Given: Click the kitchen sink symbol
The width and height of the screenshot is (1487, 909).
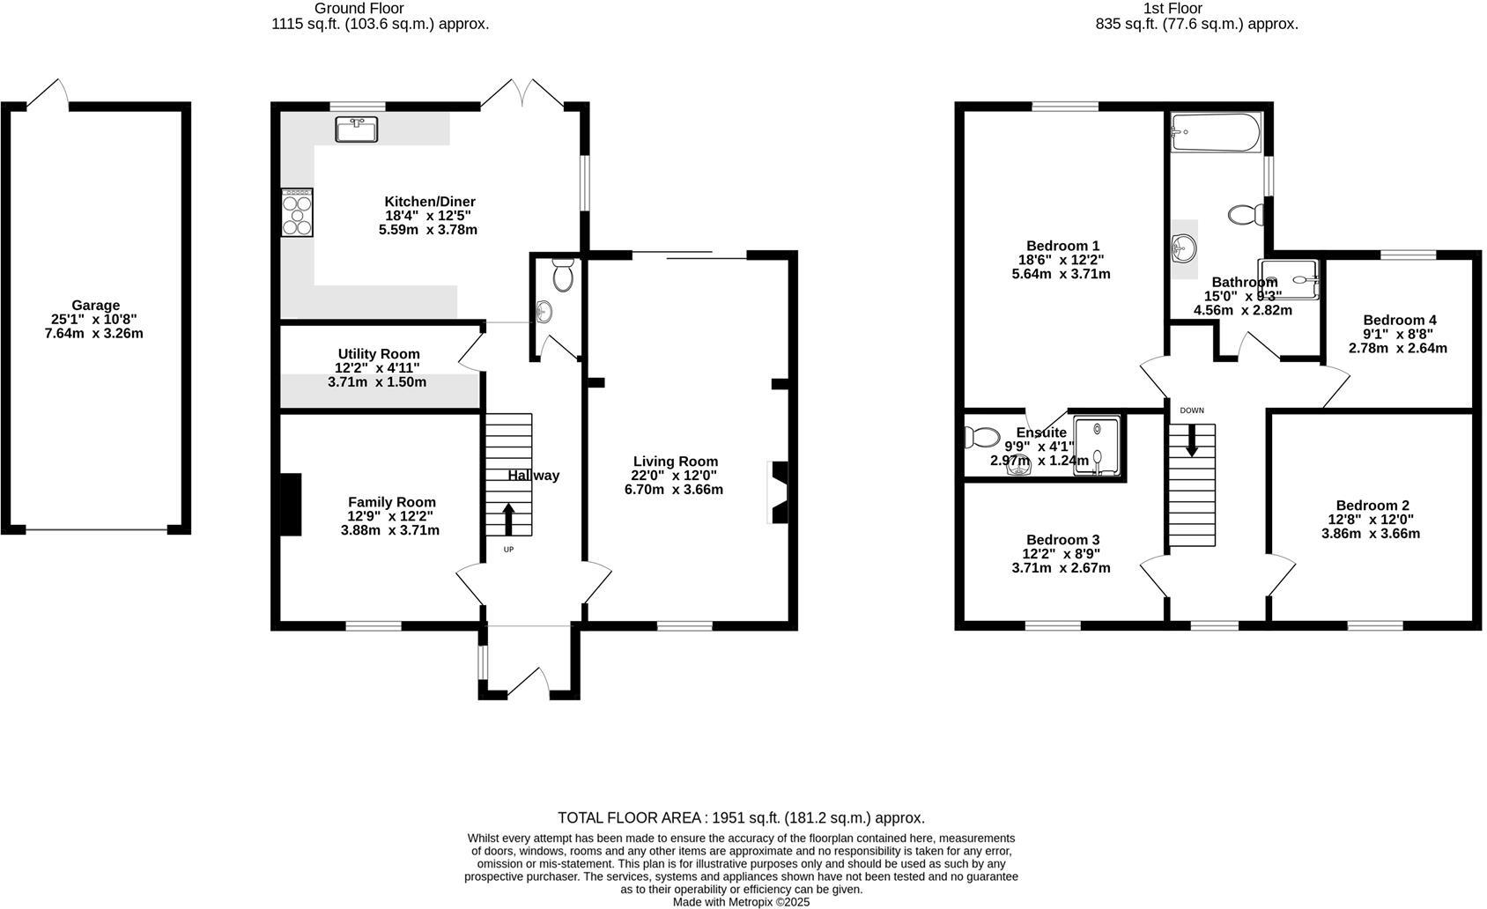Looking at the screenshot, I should (x=357, y=129).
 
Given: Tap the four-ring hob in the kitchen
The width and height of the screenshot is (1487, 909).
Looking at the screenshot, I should (x=297, y=212).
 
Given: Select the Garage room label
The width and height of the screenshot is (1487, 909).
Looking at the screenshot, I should (x=96, y=306).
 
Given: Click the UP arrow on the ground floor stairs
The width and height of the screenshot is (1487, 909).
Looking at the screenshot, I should (x=508, y=519).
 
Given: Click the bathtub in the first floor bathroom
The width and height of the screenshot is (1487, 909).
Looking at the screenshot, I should (x=1216, y=133).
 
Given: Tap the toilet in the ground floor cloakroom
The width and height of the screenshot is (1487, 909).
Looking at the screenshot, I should (x=563, y=276).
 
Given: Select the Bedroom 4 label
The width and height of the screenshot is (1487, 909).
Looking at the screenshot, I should (x=1399, y=320).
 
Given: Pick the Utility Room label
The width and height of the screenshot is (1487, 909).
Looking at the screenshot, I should (x=379, y=354).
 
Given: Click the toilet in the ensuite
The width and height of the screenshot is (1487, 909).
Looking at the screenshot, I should (x=980, y=437).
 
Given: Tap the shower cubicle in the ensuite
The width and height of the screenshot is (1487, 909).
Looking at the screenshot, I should (x=1097, y=446).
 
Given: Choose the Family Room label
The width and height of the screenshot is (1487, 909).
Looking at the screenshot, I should (x=391, y=502).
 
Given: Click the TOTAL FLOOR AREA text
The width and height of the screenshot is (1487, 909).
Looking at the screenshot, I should (x=741, y=818).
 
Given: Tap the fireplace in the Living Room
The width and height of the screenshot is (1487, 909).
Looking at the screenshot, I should (x=780, y=493).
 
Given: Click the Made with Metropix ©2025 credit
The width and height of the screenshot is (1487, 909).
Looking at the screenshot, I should (x=741, y=902).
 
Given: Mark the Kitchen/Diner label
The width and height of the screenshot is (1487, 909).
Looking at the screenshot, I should (x=429, y=201).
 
